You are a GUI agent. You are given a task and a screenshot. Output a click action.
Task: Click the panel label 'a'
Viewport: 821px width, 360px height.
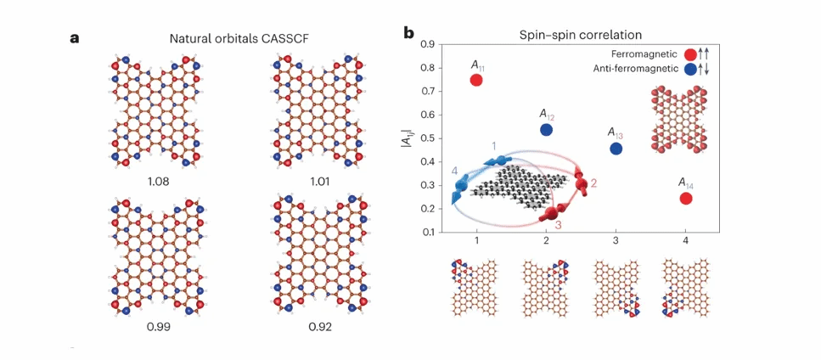point(76,37)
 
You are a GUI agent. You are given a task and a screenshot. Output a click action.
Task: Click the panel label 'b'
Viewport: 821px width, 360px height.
point(408,34)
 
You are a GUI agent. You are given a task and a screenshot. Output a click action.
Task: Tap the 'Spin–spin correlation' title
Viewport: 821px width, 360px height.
point(581,34)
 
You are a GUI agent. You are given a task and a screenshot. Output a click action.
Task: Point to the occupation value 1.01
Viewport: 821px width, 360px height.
point(312,180)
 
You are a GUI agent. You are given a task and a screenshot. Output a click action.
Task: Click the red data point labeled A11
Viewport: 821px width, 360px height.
point(476,80)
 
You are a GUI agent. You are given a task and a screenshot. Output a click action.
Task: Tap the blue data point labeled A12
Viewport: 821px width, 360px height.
point(547,130)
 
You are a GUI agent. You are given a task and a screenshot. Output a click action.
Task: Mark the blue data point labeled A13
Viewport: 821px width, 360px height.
point(616,149)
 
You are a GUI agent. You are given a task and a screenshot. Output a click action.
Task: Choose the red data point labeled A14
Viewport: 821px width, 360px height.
point(686,199)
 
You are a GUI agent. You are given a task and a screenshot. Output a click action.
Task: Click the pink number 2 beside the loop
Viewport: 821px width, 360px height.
point(593,183)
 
